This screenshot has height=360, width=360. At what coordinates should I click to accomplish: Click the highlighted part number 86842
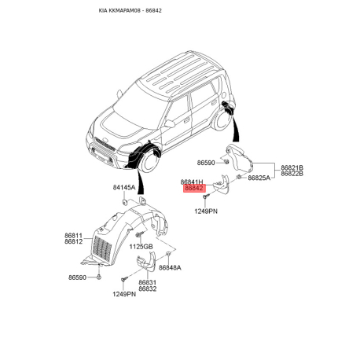194,188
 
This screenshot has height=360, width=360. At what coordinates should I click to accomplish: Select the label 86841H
192,182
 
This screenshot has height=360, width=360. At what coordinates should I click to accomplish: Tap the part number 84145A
124,187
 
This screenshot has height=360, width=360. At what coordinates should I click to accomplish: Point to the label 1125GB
141,247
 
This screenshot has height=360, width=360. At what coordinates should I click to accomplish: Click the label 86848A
170,267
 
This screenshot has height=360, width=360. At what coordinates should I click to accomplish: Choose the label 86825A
259,178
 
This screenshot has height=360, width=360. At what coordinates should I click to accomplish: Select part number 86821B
292,167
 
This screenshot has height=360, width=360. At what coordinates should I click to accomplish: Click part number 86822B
292,174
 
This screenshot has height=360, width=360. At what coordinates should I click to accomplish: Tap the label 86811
74,235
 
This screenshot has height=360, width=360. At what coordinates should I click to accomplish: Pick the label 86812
74,241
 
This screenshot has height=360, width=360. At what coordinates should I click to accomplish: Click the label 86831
148,282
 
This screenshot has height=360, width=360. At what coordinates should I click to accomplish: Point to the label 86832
148,288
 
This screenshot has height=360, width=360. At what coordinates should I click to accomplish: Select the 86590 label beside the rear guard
206,163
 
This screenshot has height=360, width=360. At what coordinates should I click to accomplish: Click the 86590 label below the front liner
77,277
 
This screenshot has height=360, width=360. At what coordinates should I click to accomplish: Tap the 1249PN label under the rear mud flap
206,211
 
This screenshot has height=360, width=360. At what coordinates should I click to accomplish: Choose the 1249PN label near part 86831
124,294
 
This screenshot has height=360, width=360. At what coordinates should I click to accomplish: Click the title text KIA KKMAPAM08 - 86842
130,10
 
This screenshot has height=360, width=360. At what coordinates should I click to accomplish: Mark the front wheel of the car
150,163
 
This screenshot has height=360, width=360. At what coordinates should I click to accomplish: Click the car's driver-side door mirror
170,123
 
